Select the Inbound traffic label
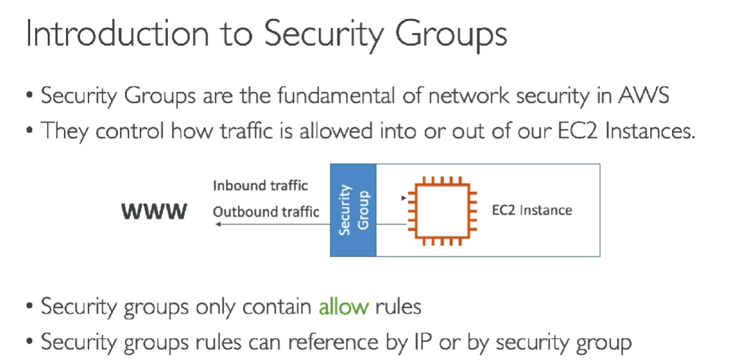[x=260, y=186]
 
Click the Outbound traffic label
[x=266, y=211]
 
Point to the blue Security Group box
[x=354, y=210]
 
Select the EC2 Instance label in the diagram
[x=532, y=210]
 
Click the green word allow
[x=343, y=307]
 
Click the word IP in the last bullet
[x=420, y=342]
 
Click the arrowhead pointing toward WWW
[x=219, y=224]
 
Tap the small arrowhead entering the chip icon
[x=402, y=199]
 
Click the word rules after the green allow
[x=398, y=307]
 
